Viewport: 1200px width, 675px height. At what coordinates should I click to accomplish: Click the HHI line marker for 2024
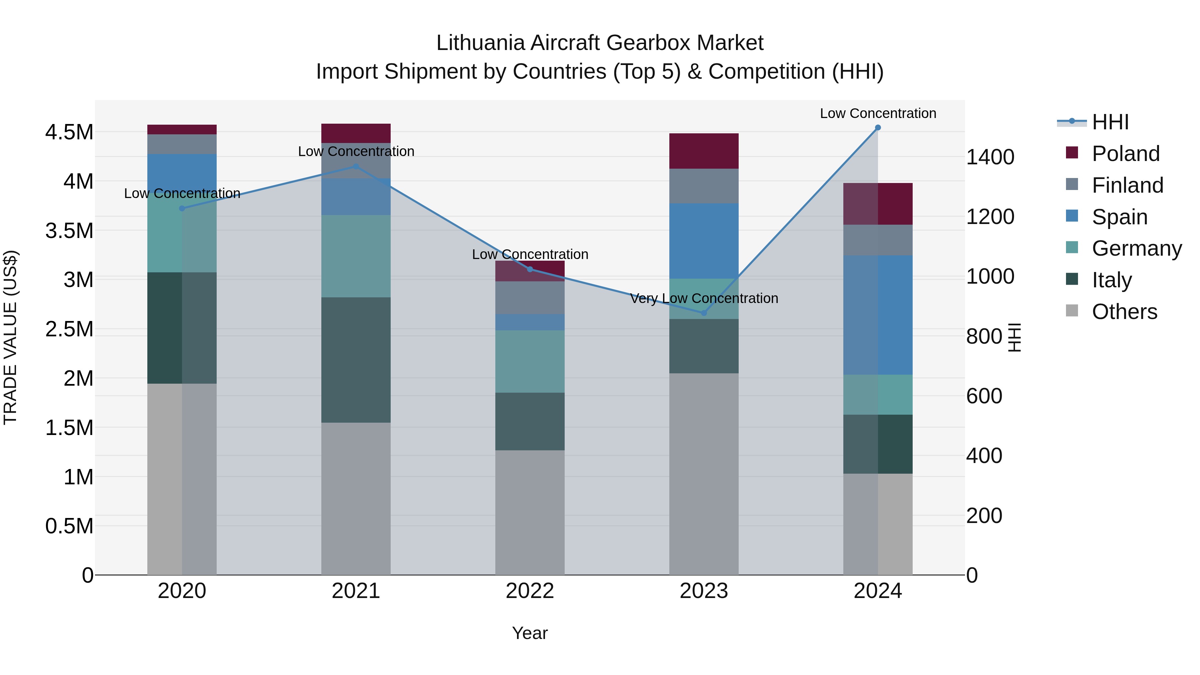pos(878,128)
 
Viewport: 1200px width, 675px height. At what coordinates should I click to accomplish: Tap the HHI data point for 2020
pos(182,208)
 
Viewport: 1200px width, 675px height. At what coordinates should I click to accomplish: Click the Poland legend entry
pos(1125,154)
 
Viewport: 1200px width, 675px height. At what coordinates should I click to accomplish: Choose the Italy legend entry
pos(1111,280)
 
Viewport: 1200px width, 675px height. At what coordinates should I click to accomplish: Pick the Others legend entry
pos(1124,312)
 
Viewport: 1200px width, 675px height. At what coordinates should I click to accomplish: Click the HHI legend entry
pos(1110,122)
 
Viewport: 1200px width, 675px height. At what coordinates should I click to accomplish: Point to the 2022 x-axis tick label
pos(530,591)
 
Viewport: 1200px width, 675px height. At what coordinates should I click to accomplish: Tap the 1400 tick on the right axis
pos(990,157)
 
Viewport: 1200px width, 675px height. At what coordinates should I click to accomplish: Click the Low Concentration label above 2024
pos(878,113)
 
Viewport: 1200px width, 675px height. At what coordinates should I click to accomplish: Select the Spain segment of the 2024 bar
pos(878,315)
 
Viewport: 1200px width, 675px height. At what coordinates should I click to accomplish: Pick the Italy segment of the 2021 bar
pos(356,360)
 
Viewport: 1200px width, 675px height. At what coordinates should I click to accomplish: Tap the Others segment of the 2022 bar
pos(530,512)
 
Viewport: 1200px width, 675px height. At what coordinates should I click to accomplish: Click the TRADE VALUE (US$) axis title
pos(10,337)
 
